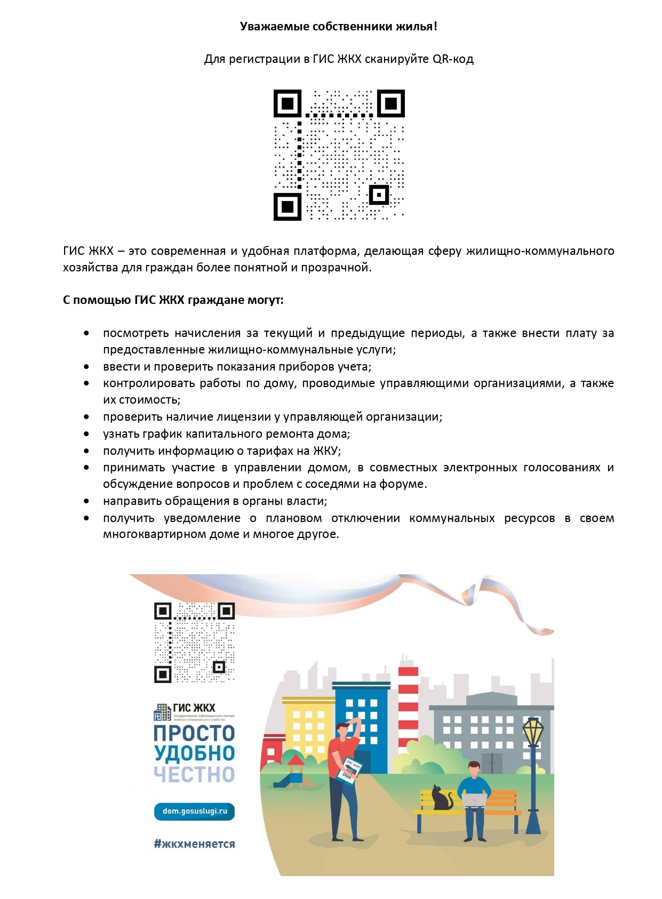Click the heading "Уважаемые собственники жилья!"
coord(338,27)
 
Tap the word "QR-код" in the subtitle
coord(453,59)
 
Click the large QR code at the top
coord(339,155)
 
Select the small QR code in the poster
coord(194,643)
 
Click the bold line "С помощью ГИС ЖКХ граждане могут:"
coord(173,300)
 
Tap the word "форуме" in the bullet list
coord(402,484)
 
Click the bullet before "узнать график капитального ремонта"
coord(86,434)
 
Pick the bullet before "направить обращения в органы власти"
coord(86,501)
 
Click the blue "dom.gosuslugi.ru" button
coord(194,811)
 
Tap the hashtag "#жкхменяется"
coord(194,844)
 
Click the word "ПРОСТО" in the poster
coord(194,734)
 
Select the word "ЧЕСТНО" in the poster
coord(194,775)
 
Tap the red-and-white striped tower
coord(409,699)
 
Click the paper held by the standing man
coord(349,770)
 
